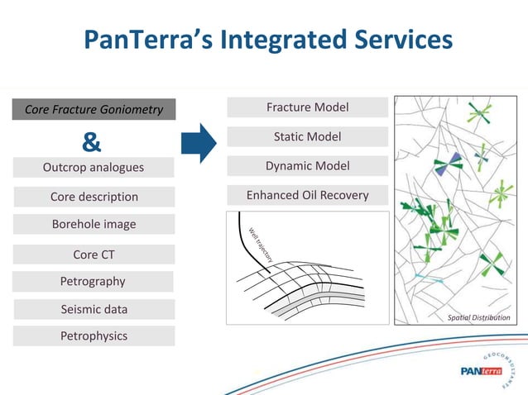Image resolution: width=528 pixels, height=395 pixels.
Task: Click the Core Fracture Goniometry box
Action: pyautogui.click(x=93, y=110)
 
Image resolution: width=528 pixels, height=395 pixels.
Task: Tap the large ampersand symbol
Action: pyautogui.click(x=92, y=143)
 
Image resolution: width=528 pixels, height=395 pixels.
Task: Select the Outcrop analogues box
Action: pyautogui.click(x=93, y=168)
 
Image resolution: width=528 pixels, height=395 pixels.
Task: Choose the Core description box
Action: pyautogui.click(x=94, y=197)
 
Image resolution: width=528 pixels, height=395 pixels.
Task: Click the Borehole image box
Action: pyautogui.click(x=94, y=224)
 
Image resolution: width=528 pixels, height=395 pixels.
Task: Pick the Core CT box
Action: pyautogui.click(x=94, y=255)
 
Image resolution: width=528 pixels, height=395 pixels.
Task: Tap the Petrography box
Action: pyautogui.click(x=93, y=281)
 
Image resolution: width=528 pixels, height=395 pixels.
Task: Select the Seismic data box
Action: pyautogui.click(x=94, y=309)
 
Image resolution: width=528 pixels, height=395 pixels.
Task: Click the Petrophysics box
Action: pyautogui.click(x=94, y=336)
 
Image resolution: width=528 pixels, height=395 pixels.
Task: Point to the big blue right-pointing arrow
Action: pyautogui.click(x=198, y=141)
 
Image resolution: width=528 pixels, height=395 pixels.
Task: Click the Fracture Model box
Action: pyautogui.click(x=307, y=107)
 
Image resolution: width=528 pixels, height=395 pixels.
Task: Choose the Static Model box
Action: pyautogui.click(x=307, y=136)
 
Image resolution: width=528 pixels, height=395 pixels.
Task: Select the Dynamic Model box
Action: pyautogui.click(x=307, y=166)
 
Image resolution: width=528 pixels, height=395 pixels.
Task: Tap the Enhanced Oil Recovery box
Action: pyautogui.click(x=307, y=196)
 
